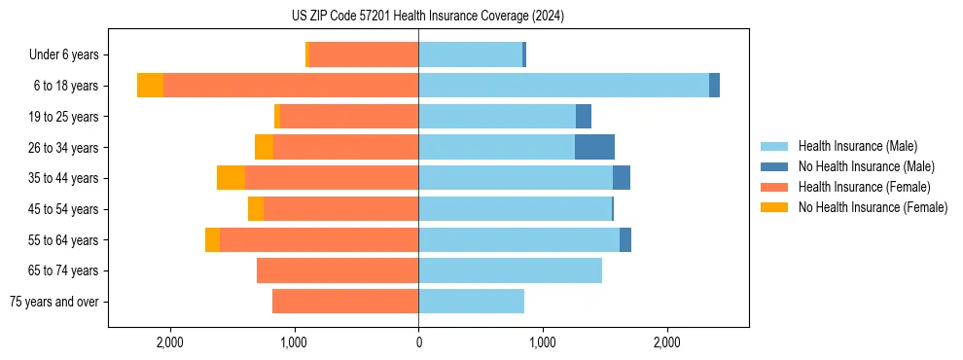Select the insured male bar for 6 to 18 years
pos(563,86)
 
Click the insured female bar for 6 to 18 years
pos(291,86)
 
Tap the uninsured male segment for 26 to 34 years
pos(594,147)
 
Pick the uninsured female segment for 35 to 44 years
pos(231,178)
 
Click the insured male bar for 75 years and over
pos(471,302)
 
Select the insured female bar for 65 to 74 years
pos(338,270)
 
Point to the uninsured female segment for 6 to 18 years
pos(150,86)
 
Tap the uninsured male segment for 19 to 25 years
pos(584,117)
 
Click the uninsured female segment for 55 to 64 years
pos(212,239)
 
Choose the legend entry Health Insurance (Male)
pos(857,146)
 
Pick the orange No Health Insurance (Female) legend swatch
pos(774,207)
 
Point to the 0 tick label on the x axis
pos(418,342)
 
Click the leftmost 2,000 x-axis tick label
pos(170,342)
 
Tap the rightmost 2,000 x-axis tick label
pos(666,342)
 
